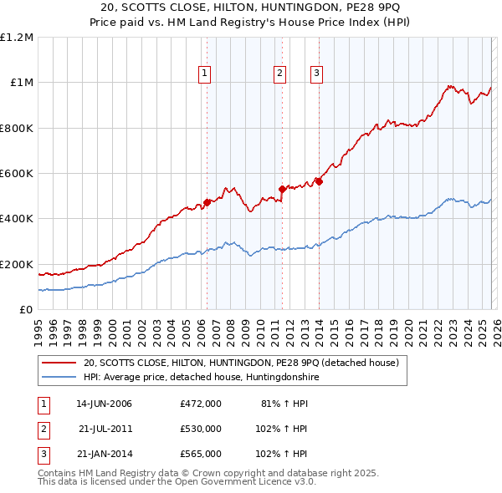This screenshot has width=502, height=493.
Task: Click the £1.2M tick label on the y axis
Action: tap(17, 38)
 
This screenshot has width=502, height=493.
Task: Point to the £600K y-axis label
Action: tap(17, 174)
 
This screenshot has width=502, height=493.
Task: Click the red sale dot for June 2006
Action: tap(207, 202)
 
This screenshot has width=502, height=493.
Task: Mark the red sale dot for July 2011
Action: tap(282, 190)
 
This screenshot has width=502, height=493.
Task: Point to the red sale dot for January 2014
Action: tap(319, 181)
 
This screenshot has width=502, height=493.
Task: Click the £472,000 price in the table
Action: tap(201, 404)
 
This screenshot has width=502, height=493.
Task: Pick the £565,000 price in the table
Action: tap(201, 454)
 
